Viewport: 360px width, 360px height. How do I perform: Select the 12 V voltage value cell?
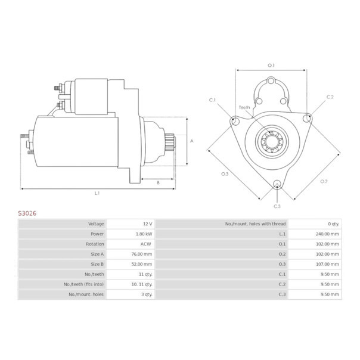pyautogui.click(x=147, y=224)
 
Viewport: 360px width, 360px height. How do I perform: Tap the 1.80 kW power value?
pyautogui.click(x=144, y=234)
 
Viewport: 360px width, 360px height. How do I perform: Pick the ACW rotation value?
pyautogui.click(x=146, y=244)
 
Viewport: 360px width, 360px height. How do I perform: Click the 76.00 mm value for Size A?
pyautogui.click(x=142, y=254)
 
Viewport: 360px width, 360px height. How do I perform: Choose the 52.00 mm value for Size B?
pyautogui.click(x=142, y=264)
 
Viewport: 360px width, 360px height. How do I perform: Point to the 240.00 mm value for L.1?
pyautogui.click(x=327, y=234)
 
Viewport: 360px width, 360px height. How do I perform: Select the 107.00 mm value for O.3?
pyautogui.click(x=327, y=264)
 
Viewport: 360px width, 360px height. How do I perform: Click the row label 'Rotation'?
pyautogui.click(x=95, y=244)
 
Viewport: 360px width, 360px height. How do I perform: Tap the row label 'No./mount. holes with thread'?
pyautogui.click(x=256, y=224)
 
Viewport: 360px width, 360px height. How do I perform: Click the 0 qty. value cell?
pyautogui.click(x=332, y=224)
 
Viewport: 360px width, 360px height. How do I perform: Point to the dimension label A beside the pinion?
pyautogui.click(x=191, y=141)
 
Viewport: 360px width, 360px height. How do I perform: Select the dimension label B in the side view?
pyautogui.click(x=158, y=182)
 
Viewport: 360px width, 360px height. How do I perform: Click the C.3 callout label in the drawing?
pyautogui.click(x=277, y=206)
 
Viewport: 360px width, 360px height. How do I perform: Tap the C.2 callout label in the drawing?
pyautogui.click(x=330, y=97)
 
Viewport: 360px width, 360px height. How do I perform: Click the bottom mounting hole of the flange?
pyautogui.click(x=277, y=184)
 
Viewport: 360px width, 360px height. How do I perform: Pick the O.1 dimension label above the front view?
pyautogui.click(x=271, y=65)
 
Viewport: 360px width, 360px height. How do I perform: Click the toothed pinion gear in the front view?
pyautogui.click(x=272, y=143)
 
